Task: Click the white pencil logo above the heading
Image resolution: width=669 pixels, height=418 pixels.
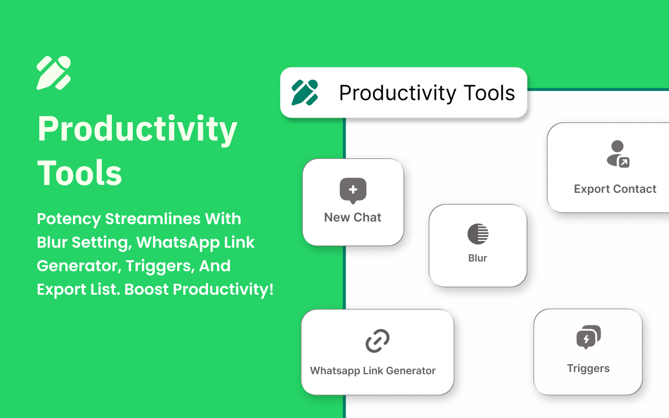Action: tap(54, 73)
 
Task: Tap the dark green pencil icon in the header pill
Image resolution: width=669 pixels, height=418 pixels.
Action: tap(305, 92)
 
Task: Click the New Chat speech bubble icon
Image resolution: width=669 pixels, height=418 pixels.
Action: tap(353, 191)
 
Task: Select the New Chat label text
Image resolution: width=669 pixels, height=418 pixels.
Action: tap(353, 217)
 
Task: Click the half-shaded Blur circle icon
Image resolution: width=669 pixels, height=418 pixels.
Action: tap(478, 234)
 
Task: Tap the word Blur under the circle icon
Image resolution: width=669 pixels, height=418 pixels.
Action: tap(478, 258)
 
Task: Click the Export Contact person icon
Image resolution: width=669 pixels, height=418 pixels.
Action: tap(618, 154)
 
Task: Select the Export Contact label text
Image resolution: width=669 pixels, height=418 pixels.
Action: tap(615, 189)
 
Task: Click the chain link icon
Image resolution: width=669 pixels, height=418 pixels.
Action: tap(377, 341)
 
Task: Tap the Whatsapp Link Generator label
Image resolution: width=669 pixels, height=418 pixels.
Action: tap(373, 370)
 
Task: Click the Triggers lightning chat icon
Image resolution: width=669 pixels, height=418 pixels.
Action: tap(589, 337)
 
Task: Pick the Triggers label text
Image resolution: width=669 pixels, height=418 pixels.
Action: tap(588, 368)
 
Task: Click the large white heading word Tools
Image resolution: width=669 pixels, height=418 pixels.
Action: tap(79, 173)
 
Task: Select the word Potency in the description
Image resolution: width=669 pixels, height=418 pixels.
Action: tap(68, 219)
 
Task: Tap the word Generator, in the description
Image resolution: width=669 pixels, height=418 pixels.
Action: tap(79, 266)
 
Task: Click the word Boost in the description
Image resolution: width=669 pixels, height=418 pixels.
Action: tap(146, 289)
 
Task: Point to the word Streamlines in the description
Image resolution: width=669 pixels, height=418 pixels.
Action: tap(153, 218)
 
